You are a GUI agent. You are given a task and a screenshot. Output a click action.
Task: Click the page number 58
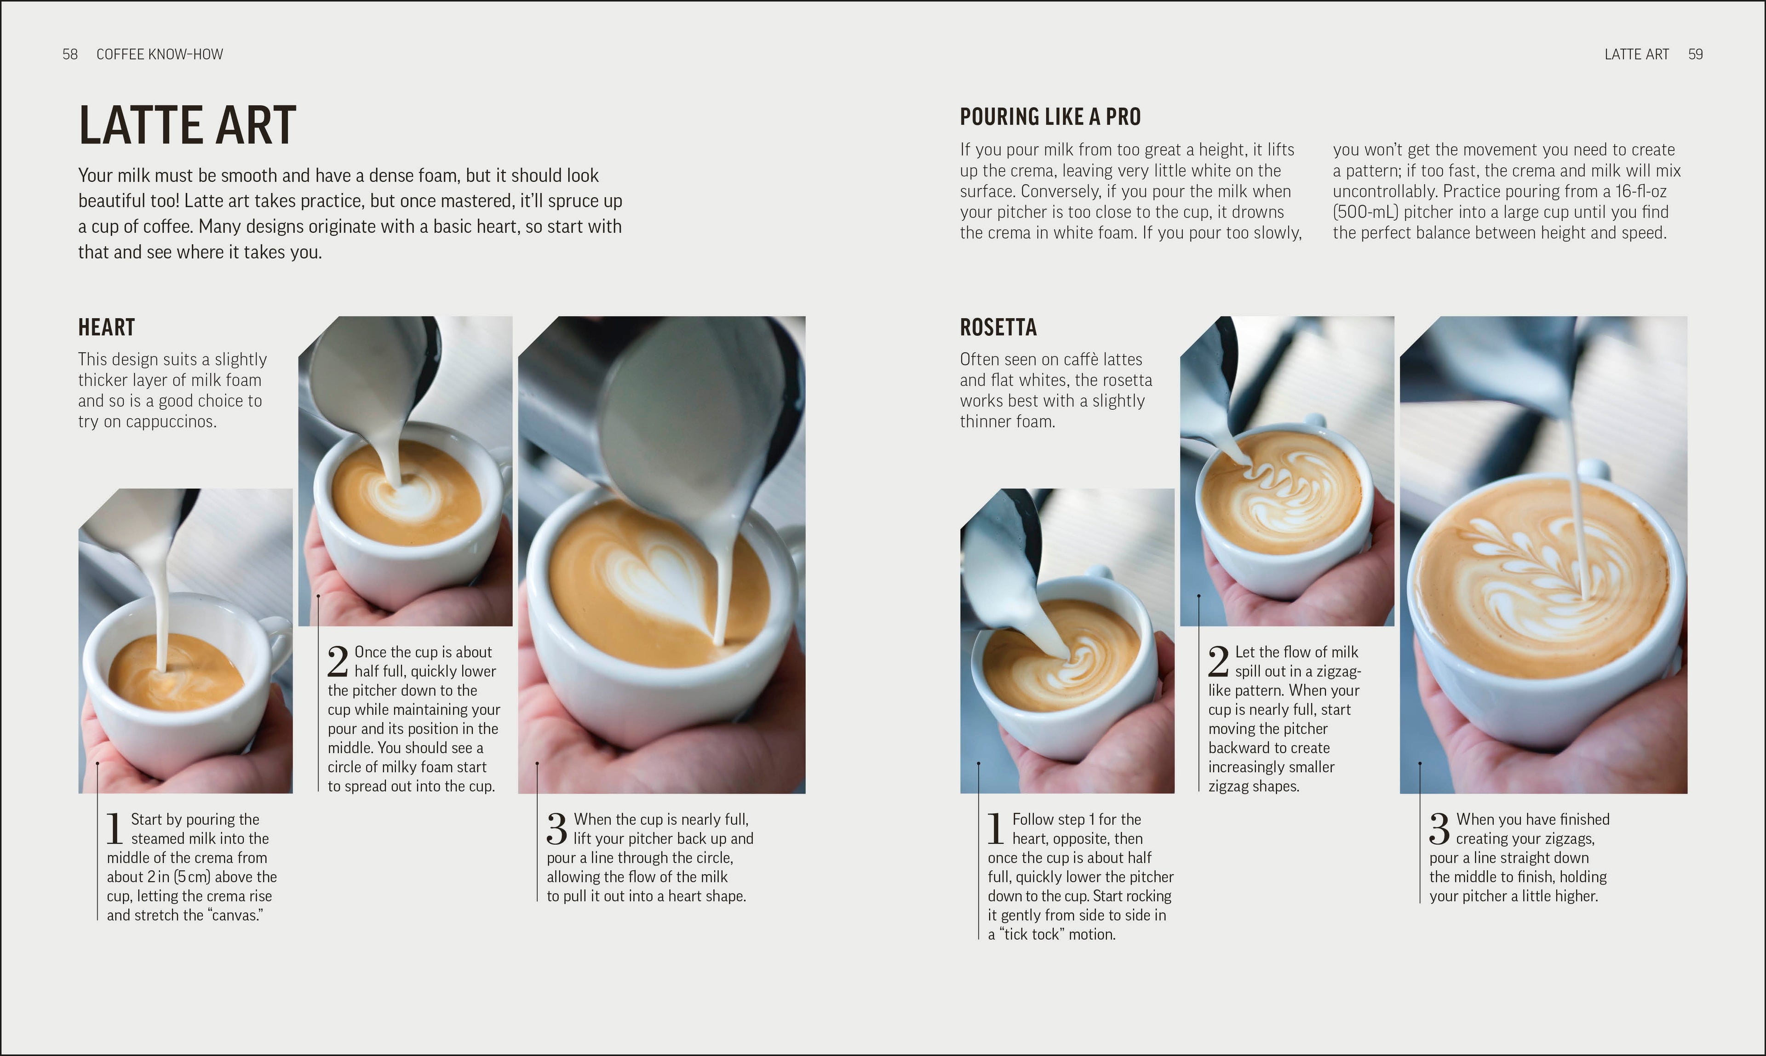click(70, 54)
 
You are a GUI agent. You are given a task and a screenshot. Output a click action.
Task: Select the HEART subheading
click(106, 327)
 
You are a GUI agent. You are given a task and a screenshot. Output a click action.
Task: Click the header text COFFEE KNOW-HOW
click(160, 54)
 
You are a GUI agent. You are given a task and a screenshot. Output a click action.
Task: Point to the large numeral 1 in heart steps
click(115, 828)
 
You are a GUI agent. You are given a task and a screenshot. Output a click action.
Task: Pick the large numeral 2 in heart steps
click(337, 662)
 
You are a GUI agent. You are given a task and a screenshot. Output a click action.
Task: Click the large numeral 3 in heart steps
click(556, 828)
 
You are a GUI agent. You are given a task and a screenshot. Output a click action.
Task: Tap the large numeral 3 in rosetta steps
click(1439, 828)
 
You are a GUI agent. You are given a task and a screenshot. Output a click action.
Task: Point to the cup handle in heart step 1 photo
click(276, 637)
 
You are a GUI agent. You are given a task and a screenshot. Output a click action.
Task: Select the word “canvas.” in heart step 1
click(235, 915)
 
